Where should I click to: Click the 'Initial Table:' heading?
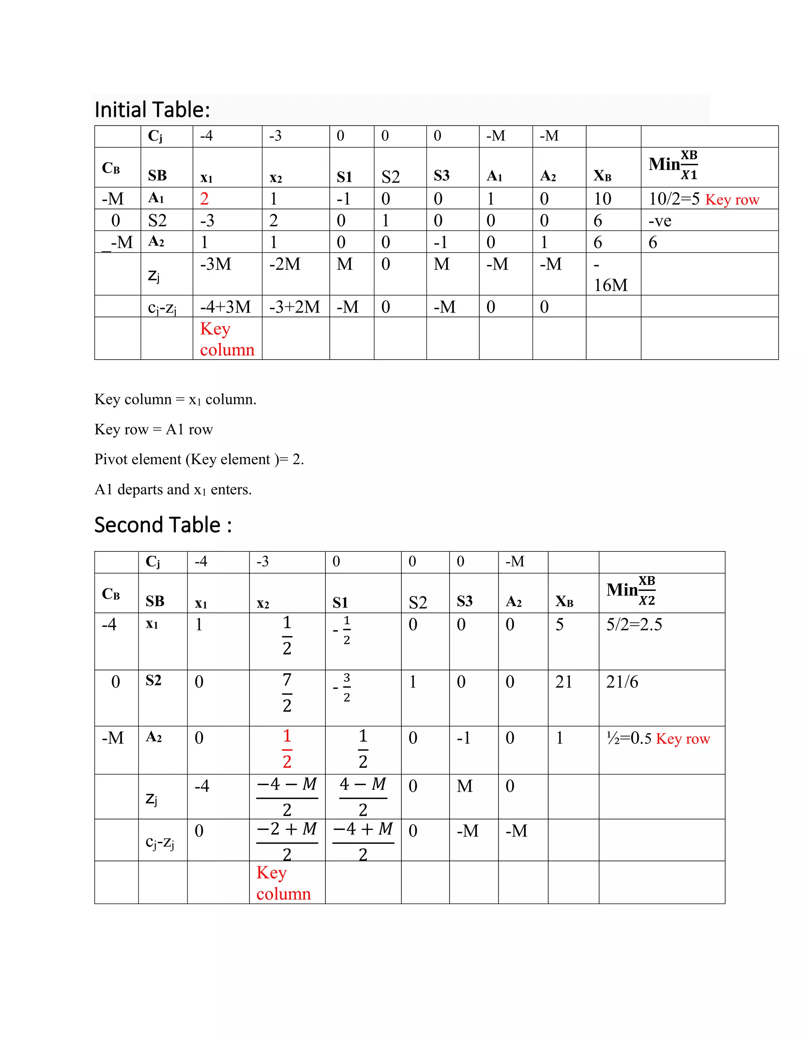point(152,110)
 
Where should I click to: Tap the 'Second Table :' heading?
point(163,525)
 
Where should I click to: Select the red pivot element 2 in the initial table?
point(204,198)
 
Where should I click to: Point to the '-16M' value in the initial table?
point(611,275)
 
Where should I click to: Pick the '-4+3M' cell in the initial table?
point(225,307)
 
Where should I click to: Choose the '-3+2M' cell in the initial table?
point(294,307)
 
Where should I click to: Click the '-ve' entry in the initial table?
point(659,221)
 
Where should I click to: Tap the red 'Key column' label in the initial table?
point(227,339)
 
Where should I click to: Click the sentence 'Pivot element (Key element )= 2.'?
point(199,459)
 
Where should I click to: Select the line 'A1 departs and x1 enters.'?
point(173,489)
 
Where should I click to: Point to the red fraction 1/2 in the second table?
point(287,748)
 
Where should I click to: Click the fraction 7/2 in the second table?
point(287,693)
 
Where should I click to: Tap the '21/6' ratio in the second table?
point(622,682)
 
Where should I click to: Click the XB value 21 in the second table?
point(564,682)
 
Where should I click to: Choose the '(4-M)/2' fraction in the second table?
point(363,796)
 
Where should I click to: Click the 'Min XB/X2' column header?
point(631,591)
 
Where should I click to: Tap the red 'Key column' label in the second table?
point(283,883)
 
